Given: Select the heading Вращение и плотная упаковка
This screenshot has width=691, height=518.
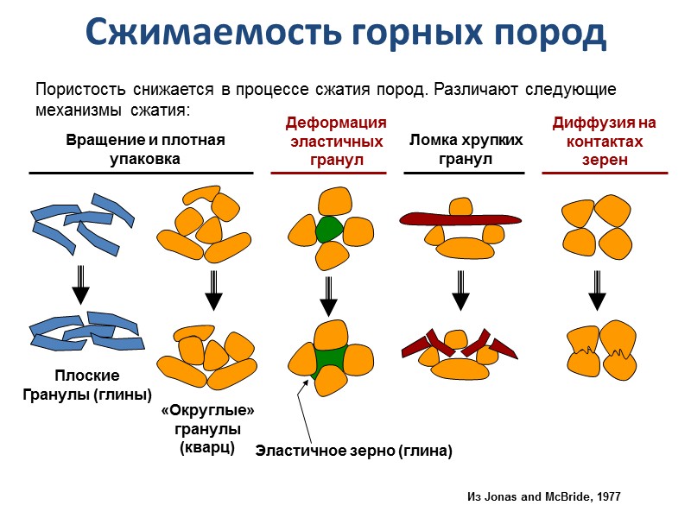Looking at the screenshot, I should (145, 149).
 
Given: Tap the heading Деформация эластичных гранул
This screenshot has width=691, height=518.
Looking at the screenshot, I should (336, 142).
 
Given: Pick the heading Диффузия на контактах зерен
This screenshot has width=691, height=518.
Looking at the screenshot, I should (604, 142).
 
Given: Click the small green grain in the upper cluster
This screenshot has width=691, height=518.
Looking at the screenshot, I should (329, 230).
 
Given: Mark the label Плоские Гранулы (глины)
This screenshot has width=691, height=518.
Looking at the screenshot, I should (86, 386).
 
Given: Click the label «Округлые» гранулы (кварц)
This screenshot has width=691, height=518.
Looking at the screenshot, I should (208, 428).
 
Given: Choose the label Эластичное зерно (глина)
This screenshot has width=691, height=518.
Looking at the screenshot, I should (353, 451).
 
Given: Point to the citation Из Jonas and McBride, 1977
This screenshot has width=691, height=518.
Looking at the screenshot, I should (543, 497).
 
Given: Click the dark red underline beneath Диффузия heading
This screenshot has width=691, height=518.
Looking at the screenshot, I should (605, 174).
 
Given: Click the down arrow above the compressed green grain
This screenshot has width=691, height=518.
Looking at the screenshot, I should (328, 296).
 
